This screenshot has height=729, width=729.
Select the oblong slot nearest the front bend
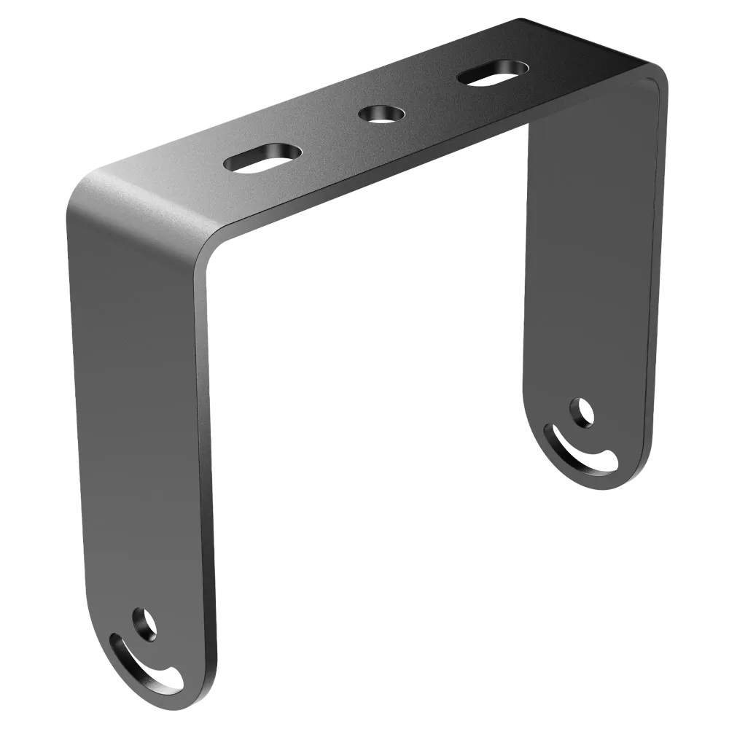click(x=263, y=156)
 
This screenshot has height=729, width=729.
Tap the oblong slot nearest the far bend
click(x=494, y=73)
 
